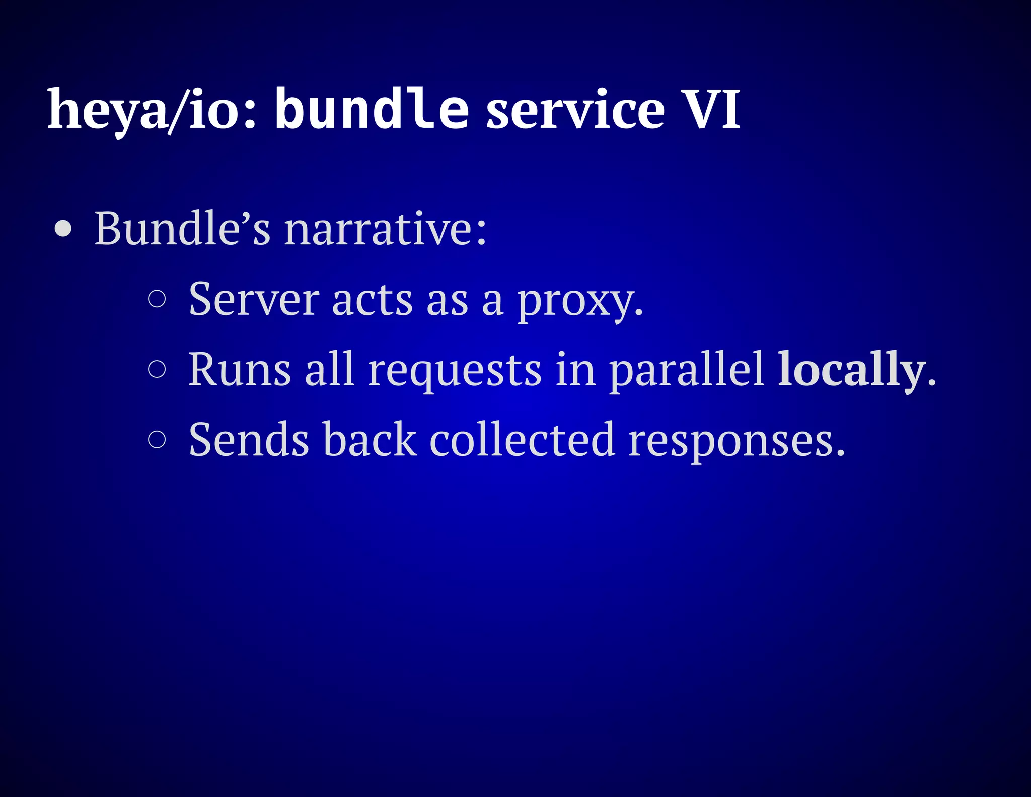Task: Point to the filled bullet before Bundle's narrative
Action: (63, 229)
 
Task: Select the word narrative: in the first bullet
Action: (386, 229)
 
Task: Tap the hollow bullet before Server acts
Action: (157, 299)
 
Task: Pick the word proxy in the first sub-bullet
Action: (579, 302)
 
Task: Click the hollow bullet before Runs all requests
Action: (157, 369)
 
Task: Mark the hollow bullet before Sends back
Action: (157, 439)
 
